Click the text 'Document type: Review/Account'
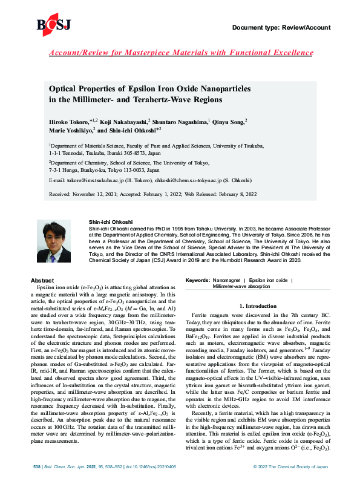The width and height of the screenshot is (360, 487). pos(281,28)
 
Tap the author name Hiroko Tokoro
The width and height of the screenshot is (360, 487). pos(69,122)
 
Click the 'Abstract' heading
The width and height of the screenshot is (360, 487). pos(42,281)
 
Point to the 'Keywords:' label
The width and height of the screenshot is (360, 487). pos(197,281)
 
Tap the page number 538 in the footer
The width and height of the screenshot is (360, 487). pos(37,468)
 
